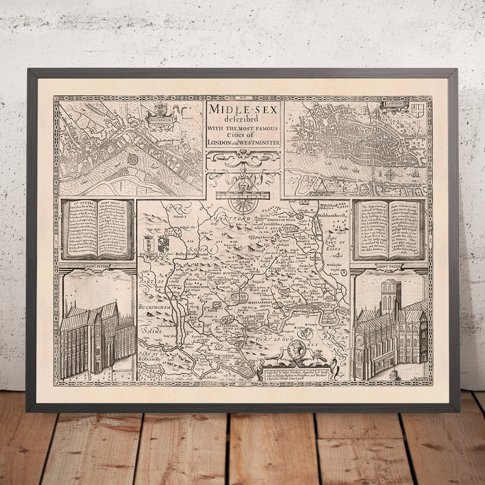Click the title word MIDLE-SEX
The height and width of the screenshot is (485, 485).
click(x=242, y=108)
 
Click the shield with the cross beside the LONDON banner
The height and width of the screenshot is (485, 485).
click(x=418, y=110)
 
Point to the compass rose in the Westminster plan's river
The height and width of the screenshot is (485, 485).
click(x=133, y=160)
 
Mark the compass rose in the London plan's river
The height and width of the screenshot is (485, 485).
click(x=390, y=175)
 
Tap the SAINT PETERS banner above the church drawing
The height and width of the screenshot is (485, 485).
click(x=98, y=266)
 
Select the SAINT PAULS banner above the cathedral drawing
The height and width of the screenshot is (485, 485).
click(x=389, y=266)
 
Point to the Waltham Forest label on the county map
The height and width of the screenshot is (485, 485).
click(x=335, y=214)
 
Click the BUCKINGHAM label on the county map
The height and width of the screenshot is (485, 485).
click(x=156, y=307)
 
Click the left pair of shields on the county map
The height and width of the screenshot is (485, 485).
click(x=156, y=244)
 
